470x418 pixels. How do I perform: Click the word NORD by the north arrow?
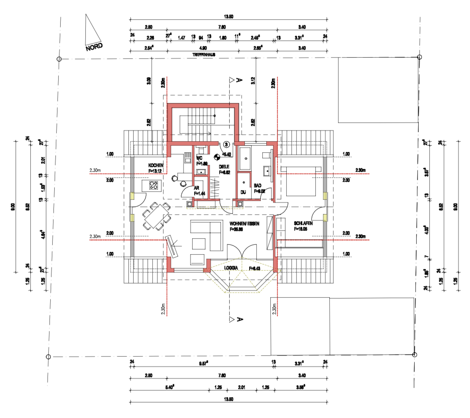94,47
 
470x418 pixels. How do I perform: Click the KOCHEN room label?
156,165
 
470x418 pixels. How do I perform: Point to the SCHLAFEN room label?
303,223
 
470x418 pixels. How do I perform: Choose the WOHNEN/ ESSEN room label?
244,224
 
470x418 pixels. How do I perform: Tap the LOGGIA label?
231,268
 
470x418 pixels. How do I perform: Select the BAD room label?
258,186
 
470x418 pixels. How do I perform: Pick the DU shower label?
243,192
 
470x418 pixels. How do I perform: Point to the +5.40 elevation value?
226,155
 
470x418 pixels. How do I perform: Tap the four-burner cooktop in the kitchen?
154,185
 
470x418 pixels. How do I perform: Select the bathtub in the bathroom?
244,158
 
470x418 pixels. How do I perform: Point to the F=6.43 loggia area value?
255,268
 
